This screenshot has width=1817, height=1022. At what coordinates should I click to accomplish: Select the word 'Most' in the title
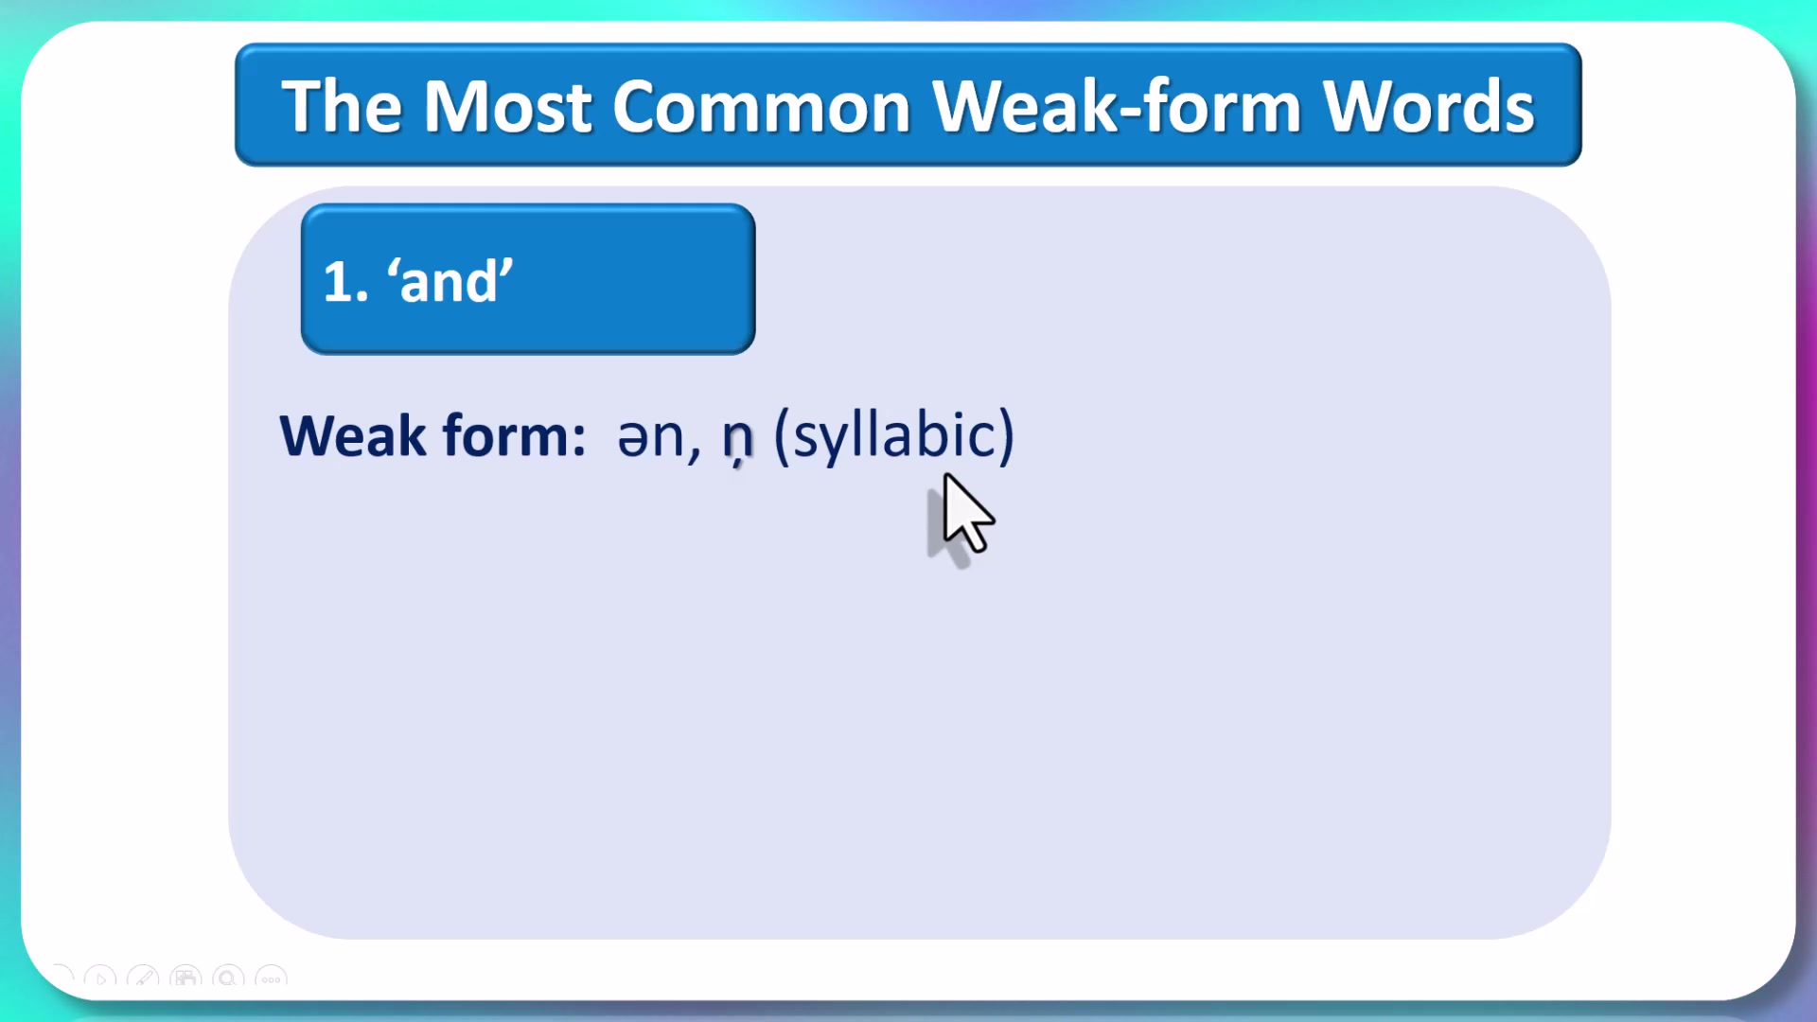507,106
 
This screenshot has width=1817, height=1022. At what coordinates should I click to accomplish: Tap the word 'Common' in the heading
761,106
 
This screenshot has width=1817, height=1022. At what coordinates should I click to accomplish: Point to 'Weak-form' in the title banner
1117,106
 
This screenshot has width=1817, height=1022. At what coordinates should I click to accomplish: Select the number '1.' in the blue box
345,282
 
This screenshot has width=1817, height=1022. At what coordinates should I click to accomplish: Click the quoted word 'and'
450,281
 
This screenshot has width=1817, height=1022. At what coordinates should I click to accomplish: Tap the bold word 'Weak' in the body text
353,436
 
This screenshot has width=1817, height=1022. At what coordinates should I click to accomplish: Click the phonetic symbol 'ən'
650,437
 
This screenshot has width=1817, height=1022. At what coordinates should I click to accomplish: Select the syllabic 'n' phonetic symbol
737,439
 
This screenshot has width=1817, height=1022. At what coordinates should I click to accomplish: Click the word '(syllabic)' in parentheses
893,436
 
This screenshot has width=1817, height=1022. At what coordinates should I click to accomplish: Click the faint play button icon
100,978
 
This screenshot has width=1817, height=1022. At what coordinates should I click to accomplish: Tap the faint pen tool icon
143,978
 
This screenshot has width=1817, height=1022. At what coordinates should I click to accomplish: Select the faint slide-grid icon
185,978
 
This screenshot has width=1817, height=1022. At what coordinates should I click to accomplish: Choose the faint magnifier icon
228,978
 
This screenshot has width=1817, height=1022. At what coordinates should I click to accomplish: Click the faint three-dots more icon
272,978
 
